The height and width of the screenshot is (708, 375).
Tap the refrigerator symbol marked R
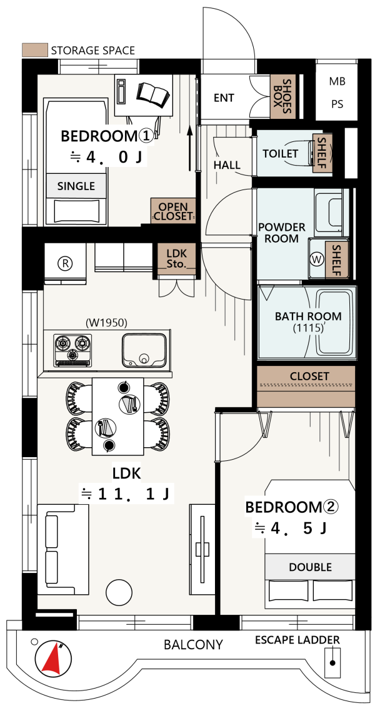[66, 263]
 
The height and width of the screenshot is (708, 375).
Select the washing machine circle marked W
[317, 259]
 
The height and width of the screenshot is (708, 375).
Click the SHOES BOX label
[283, 96]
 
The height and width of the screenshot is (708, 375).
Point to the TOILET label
[281, 154]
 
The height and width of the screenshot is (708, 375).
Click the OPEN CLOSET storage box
[173, 211]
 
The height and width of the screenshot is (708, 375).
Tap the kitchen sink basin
[144, 351]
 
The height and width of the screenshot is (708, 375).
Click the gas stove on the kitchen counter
[72, 350]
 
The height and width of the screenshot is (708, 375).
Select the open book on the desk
[154, 94]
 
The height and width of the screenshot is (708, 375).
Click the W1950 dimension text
[106, 322]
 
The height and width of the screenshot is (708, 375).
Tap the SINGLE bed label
[76, 186]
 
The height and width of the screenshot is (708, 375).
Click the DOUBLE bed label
[310, 567]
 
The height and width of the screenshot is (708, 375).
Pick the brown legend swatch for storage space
[35, 49]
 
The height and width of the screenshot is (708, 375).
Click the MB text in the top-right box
[337, 82]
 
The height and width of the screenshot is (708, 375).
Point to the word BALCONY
[193, 644]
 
